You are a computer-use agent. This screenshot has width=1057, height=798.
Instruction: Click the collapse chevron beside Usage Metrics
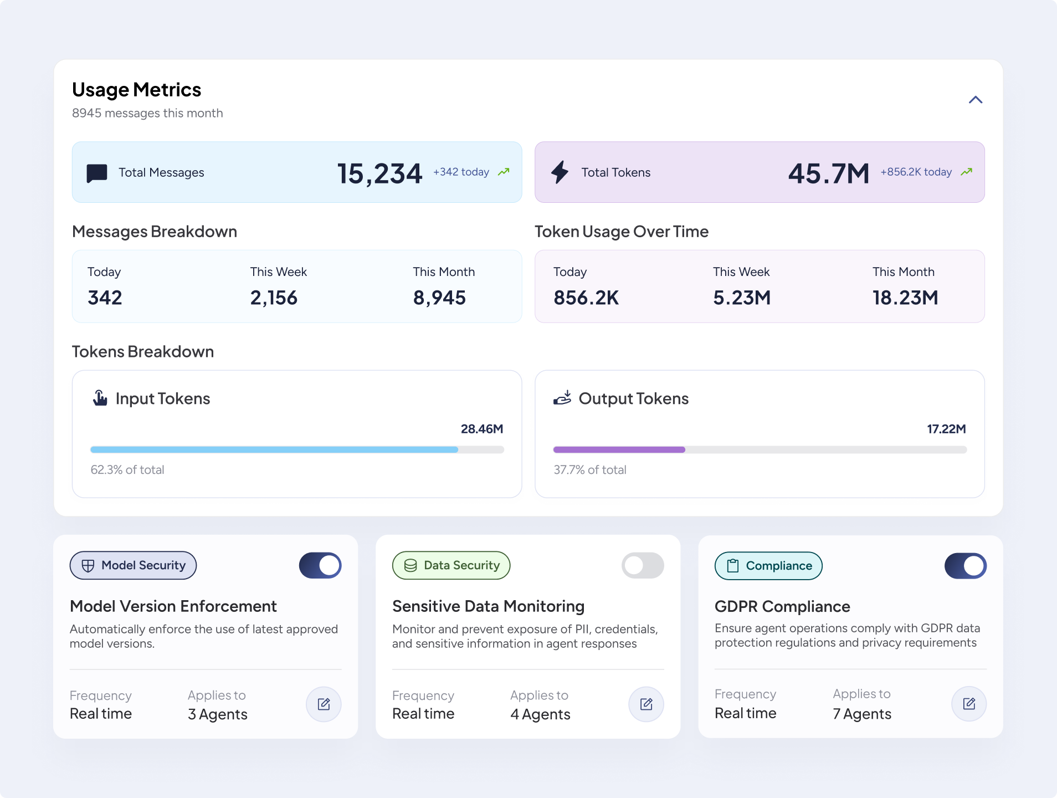point(975,100)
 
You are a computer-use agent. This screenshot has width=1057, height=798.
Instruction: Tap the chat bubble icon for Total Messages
point(97,173)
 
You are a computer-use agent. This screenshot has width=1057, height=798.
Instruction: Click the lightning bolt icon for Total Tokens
point(560,172)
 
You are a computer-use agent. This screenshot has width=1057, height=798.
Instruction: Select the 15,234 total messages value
point(379,173)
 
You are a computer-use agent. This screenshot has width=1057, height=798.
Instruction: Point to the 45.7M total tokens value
point(829,173)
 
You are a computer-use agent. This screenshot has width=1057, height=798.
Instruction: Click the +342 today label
point(461,172)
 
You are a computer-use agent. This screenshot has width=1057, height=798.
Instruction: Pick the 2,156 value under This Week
point(274,298)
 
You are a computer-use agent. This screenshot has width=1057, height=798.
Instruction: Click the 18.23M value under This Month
point(905,298)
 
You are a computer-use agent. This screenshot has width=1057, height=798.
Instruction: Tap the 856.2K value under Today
point(586,298)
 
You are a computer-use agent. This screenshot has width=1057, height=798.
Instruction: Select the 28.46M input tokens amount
point(482,429)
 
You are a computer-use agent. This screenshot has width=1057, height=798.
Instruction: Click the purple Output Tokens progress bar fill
point(619,449)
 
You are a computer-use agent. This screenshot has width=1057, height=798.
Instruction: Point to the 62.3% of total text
point(127,470)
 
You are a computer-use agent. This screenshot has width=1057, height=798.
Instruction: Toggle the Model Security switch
point(320,565)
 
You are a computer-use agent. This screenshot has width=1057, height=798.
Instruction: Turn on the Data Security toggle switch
point(643,565)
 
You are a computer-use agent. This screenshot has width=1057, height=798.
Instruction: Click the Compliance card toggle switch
point(966,566)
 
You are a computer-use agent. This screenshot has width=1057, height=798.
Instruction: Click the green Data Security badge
point(451,565)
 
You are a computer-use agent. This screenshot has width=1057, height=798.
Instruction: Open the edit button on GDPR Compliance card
point(969,704)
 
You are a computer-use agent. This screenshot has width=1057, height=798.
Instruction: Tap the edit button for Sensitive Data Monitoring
point(646,704)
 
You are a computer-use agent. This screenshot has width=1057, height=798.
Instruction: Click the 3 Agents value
point(217,714)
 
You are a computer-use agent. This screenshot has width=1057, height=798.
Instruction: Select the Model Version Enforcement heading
point(173,606)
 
